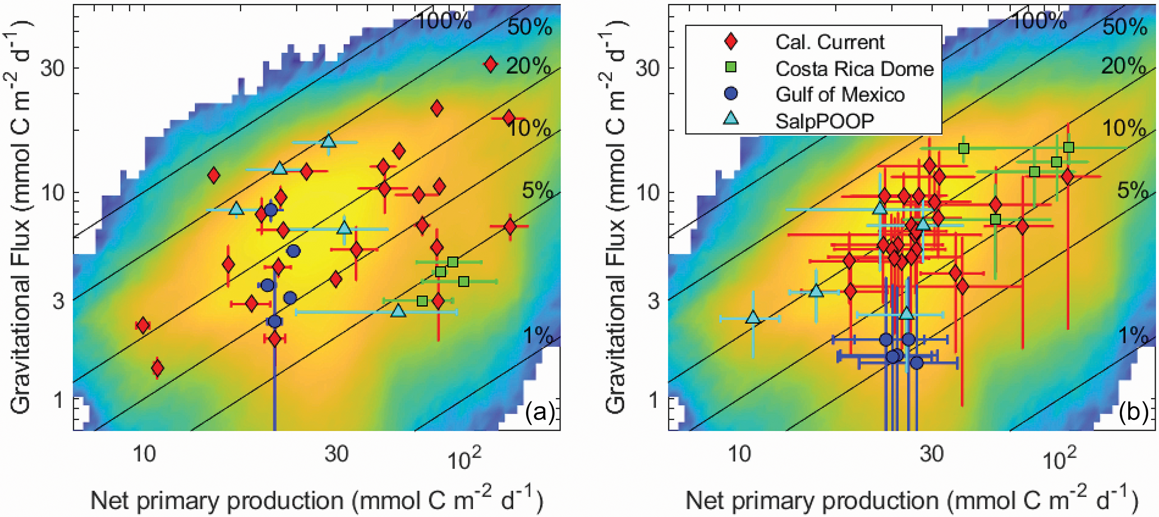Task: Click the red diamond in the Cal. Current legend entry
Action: pos(731,42)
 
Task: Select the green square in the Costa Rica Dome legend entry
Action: pos(731,68)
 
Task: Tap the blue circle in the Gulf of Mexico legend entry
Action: pos(731,94)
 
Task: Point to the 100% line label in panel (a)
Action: pos(444,21)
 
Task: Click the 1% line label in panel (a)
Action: pos(538,335)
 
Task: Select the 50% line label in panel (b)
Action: pos(1125,27)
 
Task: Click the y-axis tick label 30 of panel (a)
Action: pos(53,68)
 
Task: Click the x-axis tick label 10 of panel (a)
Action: pos(144,453)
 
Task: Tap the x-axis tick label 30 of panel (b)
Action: pos(931,453)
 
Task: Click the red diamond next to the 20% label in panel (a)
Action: pos(490,65)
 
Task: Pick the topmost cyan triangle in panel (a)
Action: pos(329,141)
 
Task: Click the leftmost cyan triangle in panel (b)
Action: pos(753,317)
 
